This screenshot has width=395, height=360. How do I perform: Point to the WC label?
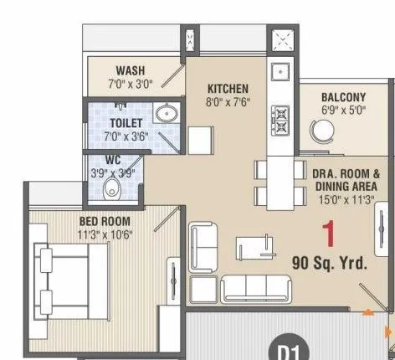pyautogui.click(x=114, y=158)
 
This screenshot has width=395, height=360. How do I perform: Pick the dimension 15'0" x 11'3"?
pyautogui.click(x=346, y=200)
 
